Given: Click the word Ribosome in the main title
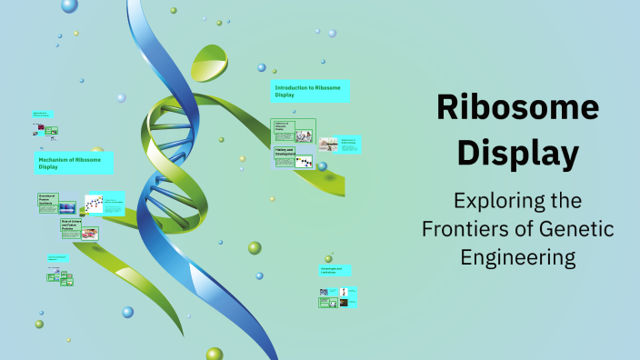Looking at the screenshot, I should click(x=517, y=108).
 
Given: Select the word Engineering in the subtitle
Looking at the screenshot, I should click(x=517, y=257).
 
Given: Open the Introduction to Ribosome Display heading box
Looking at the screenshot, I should click(x=310, y=90).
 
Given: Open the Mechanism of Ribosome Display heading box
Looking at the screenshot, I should click(x=75, y=163).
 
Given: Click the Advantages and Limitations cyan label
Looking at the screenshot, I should click(x=334, y=270).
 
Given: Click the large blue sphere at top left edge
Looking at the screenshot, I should click(x=69, y=5).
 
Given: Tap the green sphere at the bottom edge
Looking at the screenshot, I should click(x=214, y=354).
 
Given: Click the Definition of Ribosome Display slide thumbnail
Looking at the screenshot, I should click(x=294, y=130).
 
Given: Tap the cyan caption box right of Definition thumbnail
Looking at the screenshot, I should click(x=349, y=143).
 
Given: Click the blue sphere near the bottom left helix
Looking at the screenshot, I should click(x=128, y=312).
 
